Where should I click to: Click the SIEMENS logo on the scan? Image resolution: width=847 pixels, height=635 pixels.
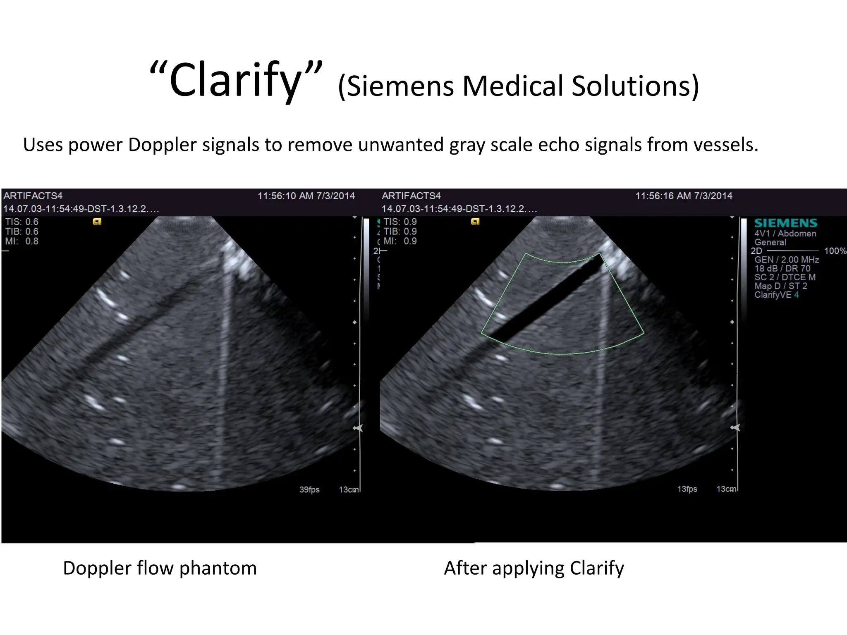(785, 223)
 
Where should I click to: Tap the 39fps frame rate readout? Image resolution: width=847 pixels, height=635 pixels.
(309, 489)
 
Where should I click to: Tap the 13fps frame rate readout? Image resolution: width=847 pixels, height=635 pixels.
(687, 489)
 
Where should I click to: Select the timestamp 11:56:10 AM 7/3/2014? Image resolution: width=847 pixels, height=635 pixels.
(306, 196)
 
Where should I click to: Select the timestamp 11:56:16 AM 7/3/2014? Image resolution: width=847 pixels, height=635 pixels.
(684, 196)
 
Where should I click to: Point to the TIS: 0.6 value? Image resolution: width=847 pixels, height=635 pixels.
(22, 222)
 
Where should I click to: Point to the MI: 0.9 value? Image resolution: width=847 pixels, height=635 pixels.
(400, 241)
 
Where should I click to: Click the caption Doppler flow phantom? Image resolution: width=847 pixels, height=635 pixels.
(160, 568)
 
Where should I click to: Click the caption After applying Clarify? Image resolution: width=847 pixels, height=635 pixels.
(534, 568)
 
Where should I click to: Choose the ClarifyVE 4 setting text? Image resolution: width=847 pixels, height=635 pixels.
(776, 295)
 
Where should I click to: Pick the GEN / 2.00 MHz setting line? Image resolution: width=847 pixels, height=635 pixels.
(786, 260)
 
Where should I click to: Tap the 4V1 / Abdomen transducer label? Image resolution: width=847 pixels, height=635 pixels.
(785, 234)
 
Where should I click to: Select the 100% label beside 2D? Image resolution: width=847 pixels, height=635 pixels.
(835, 251)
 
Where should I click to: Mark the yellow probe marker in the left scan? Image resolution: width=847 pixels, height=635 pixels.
(97, 222)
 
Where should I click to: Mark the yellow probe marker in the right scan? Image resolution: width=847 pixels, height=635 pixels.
(475, 222)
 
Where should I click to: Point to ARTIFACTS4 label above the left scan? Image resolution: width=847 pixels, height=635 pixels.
(33, 196)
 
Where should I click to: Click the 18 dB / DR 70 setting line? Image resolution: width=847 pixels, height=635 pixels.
(782, 268)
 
